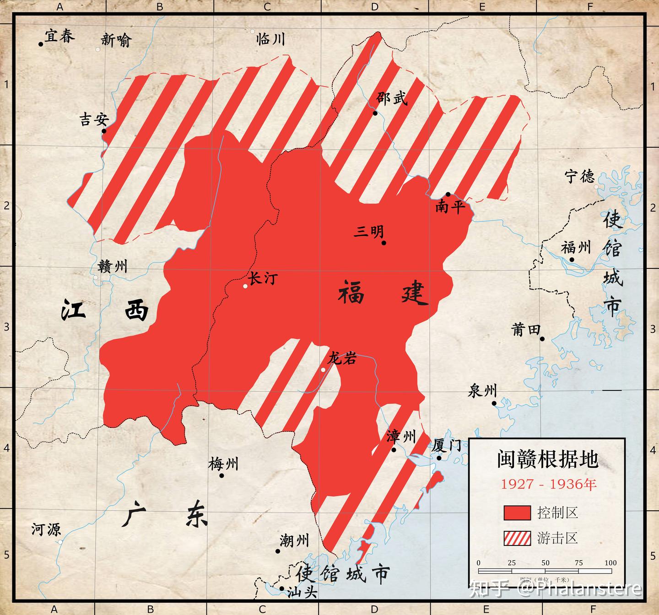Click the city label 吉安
tap(94, 120)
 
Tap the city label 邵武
tap(392, 98)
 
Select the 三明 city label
tap(369, 232)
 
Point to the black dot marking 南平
tap(448, 194)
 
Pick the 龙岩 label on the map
tap(342, 359)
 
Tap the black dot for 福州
tap(572, 260)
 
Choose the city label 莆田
tap(526, 330)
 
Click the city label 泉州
tap(482, 391)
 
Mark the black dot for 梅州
tap(221, 476)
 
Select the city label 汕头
tap(302, 593)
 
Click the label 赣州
tap(112, 267)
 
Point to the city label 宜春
tap(59, 37)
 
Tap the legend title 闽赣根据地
tap(547, 460)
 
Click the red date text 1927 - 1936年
tap(548, 484)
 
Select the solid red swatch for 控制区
tap(517, 513)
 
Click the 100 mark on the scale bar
tap(610, 563)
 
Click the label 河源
tap(46, 530)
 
